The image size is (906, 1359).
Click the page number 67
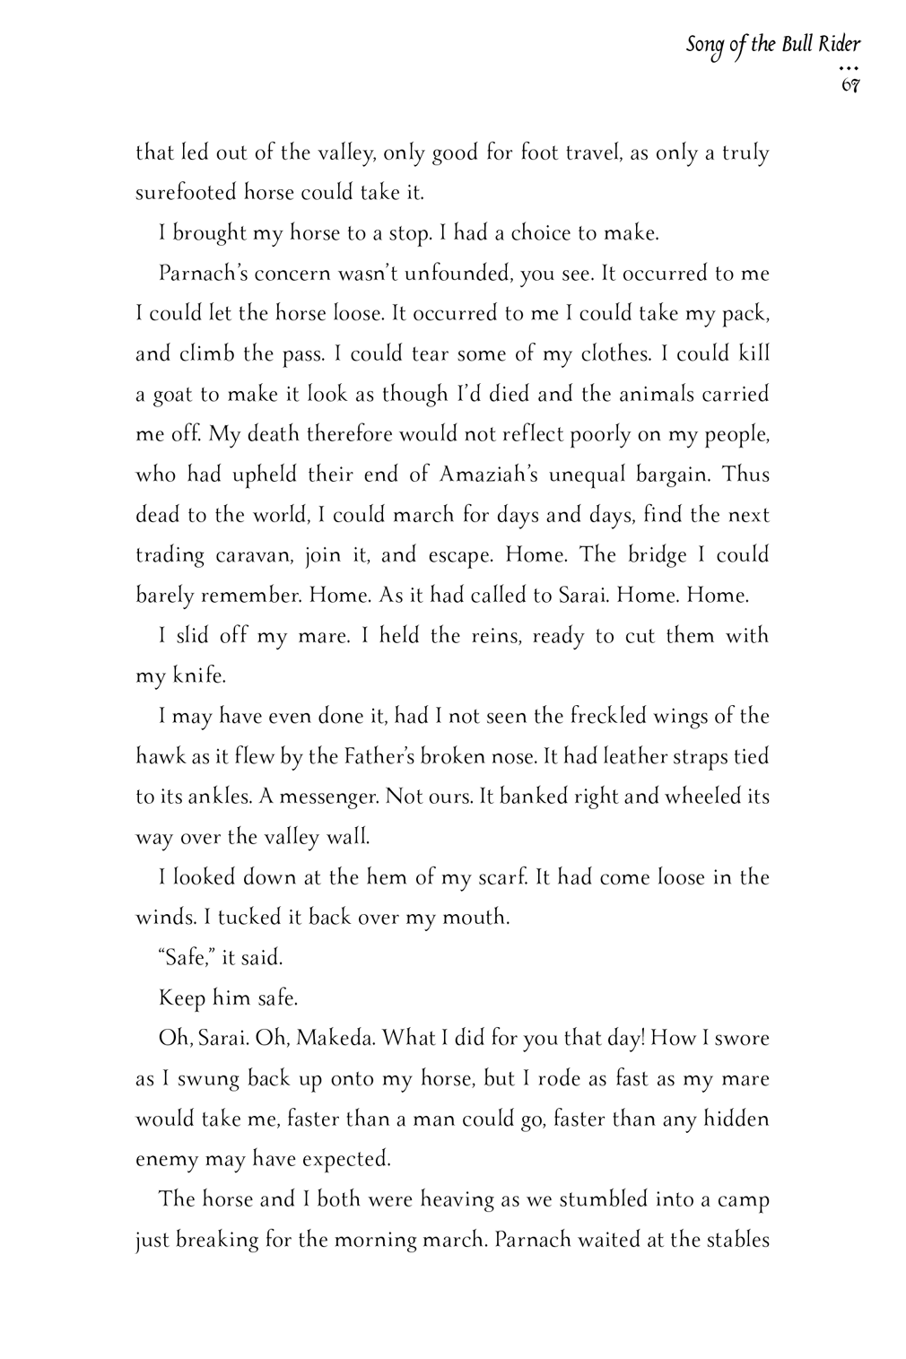tap(850, 86)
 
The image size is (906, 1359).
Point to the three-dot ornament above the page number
tap(850, 68)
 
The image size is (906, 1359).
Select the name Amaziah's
tap(487, 475)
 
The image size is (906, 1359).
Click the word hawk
tap(160, 756)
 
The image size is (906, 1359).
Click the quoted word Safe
tap(184, 958)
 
